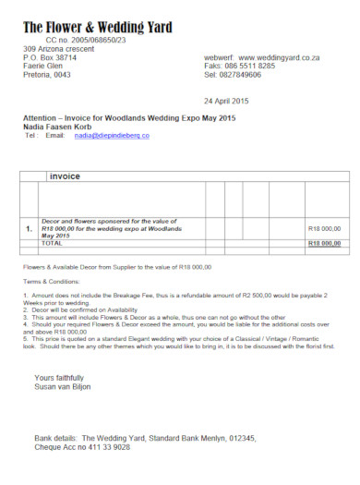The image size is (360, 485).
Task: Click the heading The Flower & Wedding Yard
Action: click(x=97, y=28)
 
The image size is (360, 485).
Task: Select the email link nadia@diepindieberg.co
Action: click(x=112, y=135)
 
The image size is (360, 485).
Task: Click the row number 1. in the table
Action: click(x=30, y=228)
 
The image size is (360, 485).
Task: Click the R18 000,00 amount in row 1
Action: click(x=324, y=228)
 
